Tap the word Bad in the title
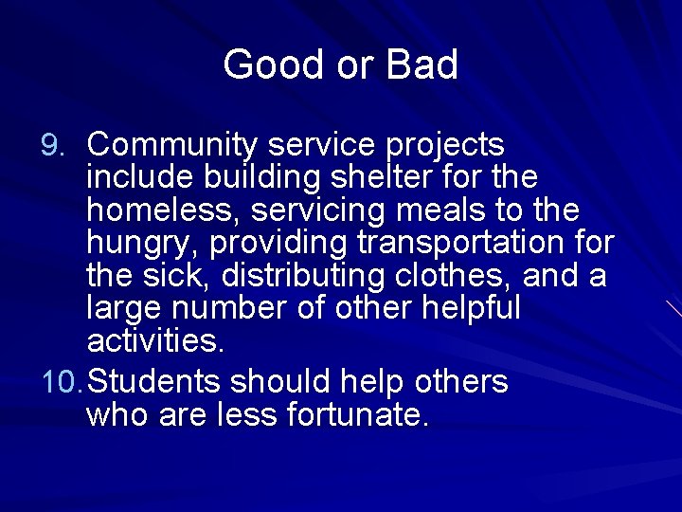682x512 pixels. (422, 64)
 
